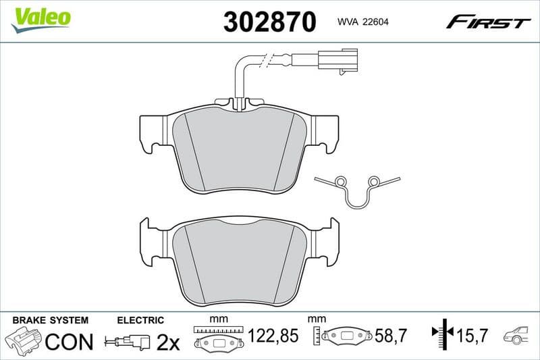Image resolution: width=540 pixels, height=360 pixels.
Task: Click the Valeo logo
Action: click(x=41, y=18)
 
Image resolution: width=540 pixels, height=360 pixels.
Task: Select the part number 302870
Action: click(x=269, y=22)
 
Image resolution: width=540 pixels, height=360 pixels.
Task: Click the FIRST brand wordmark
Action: click(x=488, y=22)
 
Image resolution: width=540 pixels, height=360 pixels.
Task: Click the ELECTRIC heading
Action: click(x=140, y=320)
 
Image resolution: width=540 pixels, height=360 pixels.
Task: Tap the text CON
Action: click(x=69, y=342)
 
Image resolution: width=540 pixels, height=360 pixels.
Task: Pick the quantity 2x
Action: click(x=168, y=342)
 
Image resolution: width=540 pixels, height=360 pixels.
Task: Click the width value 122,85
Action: click(x=273, y=336)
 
